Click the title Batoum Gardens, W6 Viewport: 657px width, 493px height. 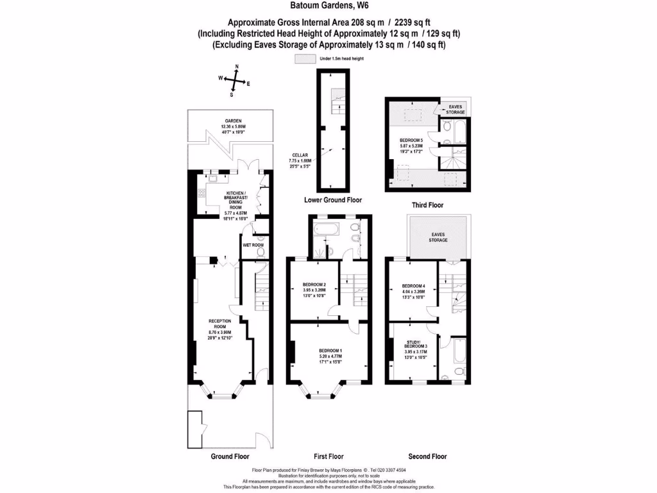click(328, 7)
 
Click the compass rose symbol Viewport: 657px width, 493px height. click(236, 80)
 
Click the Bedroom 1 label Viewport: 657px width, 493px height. click(330, 353)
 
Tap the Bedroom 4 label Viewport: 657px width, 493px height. click(414, 292)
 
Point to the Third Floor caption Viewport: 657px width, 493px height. click(427, 205)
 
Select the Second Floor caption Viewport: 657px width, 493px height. click(427, 456)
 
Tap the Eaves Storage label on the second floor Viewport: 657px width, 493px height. click(439, 238)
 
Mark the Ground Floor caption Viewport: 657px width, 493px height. click(230, 456)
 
